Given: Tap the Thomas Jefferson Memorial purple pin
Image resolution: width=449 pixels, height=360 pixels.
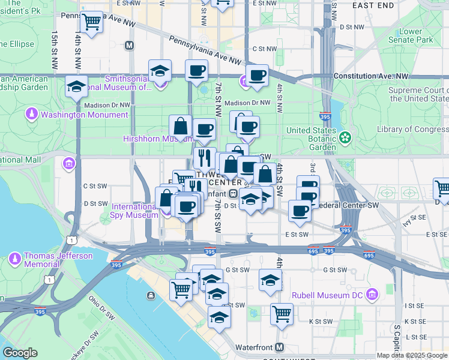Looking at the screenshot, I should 15,259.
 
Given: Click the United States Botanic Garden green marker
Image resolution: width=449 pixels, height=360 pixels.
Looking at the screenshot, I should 345,137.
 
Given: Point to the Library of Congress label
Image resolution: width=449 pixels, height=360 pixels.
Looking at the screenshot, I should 412,130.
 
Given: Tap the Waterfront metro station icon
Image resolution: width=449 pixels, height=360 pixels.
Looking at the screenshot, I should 280,347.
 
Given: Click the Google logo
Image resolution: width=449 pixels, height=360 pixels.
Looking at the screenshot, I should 20,353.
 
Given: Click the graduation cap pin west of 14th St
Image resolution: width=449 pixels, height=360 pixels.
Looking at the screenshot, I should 77,86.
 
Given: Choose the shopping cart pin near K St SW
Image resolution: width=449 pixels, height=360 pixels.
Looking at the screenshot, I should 282,313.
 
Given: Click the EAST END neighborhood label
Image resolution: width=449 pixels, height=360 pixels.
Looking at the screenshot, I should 373,5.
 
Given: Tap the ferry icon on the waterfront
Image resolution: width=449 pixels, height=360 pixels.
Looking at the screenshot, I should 149,295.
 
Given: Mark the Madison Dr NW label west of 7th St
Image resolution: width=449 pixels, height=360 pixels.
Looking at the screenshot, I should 107,104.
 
